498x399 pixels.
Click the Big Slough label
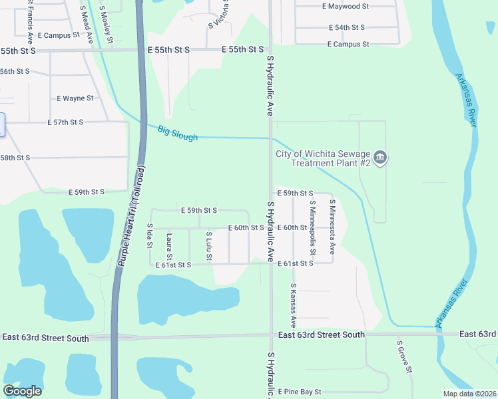coord(178,133)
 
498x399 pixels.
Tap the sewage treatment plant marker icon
coord(380,158)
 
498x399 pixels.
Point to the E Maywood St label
coord(345,6)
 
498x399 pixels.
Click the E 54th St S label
coord(347,27)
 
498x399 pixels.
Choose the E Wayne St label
coord(75,98)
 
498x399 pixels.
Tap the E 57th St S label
coord(65,122)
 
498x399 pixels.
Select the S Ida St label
coord(149,237)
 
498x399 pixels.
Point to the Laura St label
coord(170,247)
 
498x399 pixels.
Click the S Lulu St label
coord(209,246)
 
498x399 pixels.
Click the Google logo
coord(22,391)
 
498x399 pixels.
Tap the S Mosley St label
coord(105,21)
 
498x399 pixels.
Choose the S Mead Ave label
coord(86,25)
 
